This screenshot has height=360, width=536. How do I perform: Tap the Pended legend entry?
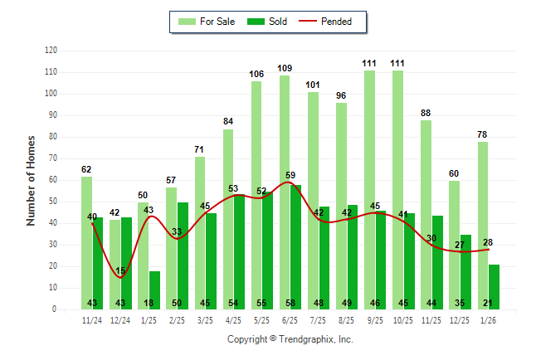pos(332,22)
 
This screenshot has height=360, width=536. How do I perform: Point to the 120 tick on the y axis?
pos(51,51)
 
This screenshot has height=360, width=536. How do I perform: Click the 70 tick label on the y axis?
pos(53,158)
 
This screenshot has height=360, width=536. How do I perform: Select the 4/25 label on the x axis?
pos(233,320)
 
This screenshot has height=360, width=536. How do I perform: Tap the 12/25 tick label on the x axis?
pos(460,320)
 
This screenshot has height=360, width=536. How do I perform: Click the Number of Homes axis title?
pos(32,180)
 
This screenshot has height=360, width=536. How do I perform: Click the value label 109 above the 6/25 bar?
pos(285,68)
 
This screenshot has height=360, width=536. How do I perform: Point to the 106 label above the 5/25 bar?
pos(256,74)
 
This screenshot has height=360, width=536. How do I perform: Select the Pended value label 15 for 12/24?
pos(121,270)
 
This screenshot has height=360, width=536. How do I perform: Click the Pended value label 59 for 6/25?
pos(290,175)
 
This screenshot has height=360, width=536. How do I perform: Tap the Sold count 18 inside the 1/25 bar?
pos(149,303)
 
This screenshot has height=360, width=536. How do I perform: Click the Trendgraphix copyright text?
pos(290,339)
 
